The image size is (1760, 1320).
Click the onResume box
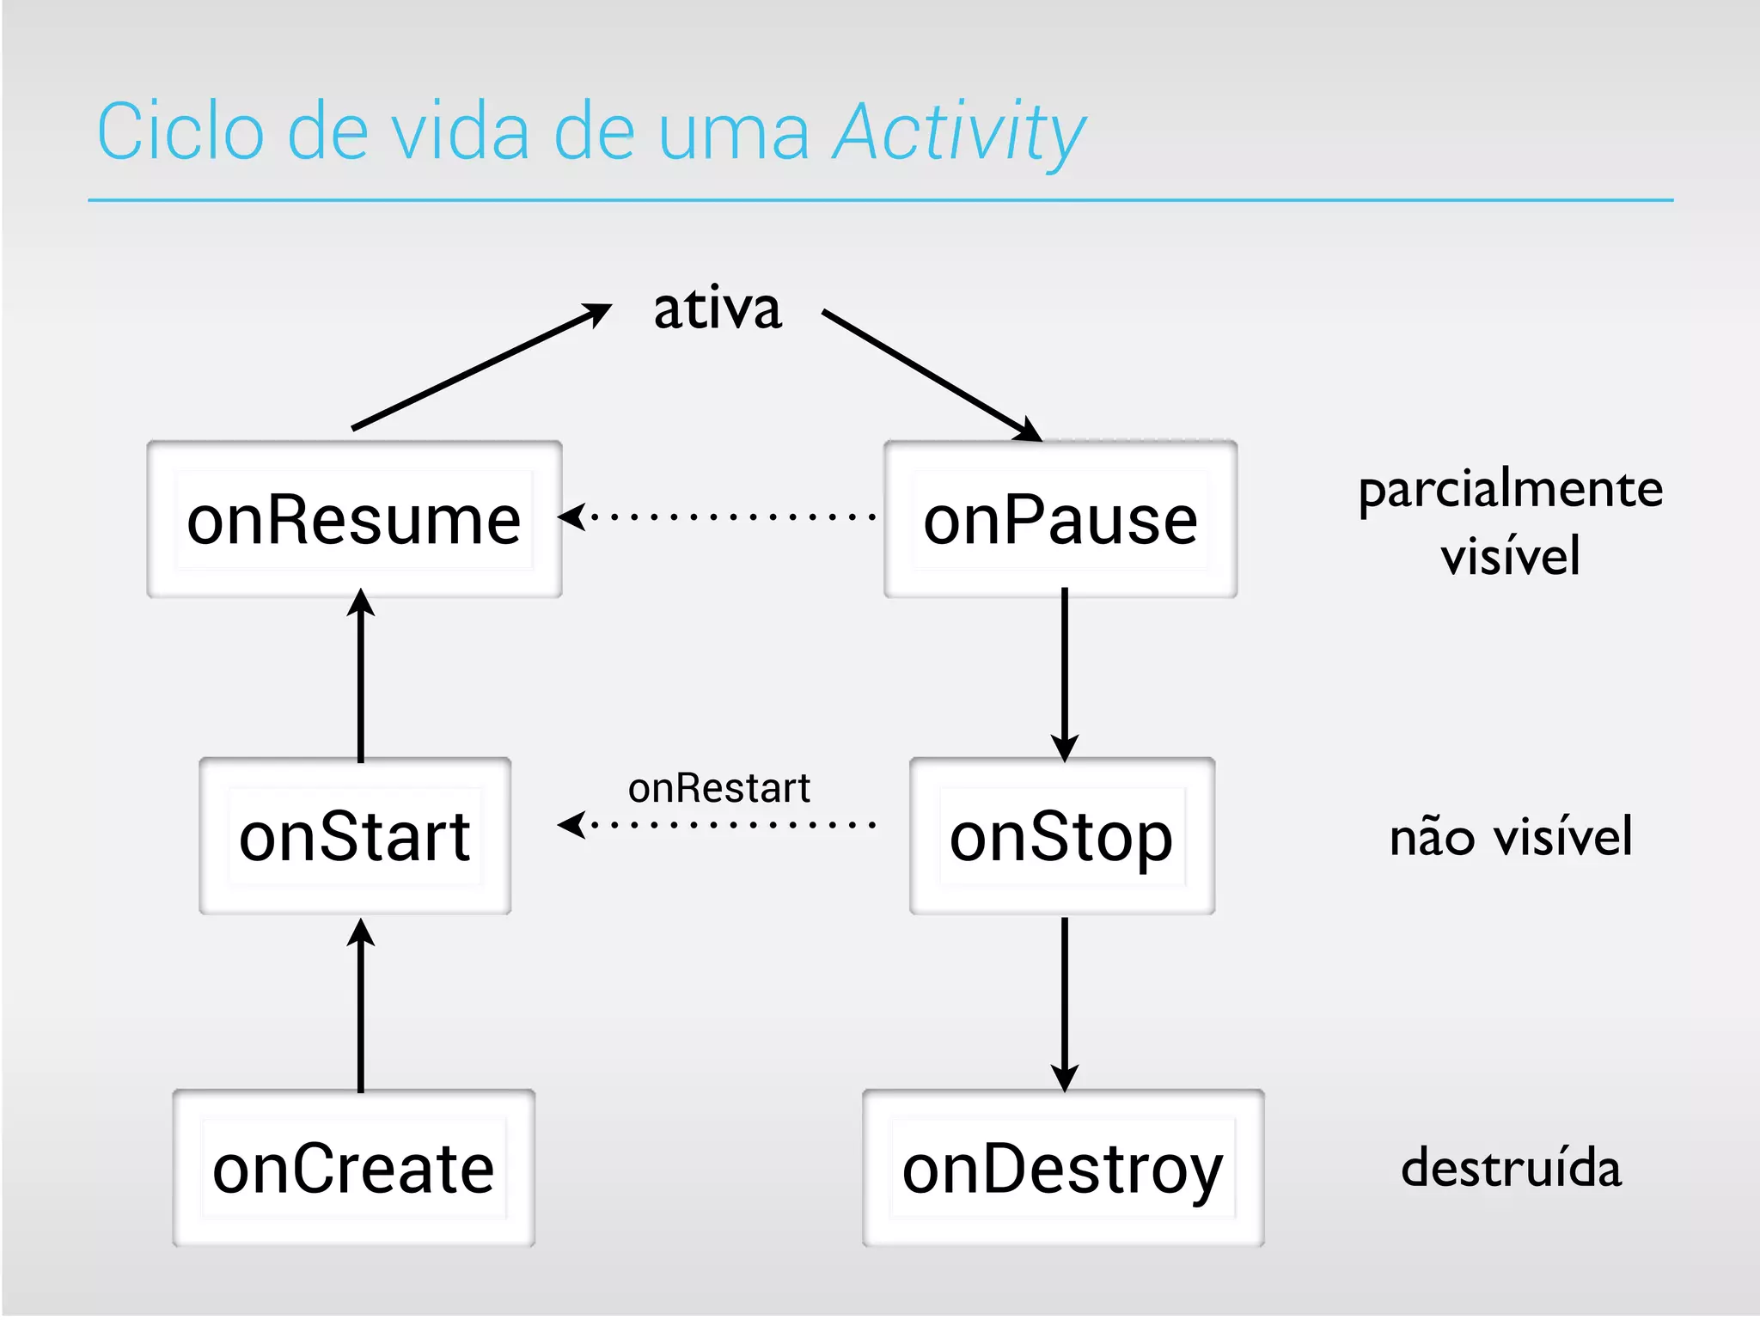(x=354, y=519)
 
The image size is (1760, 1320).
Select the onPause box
(x=1060, y=519)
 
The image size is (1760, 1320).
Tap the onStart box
(x=355, y=835)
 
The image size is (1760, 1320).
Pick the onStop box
(x=1062, y=835)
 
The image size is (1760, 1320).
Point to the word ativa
(x=718, y=309)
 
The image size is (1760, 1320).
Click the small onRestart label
(x=719, y=787)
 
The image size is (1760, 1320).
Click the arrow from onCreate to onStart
(x=360, y=1005)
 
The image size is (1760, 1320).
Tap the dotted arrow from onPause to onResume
(x=718, y=516)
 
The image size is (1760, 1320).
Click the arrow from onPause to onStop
(x=1064, y=675)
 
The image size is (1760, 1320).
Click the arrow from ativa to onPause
(x=932, y=376)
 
